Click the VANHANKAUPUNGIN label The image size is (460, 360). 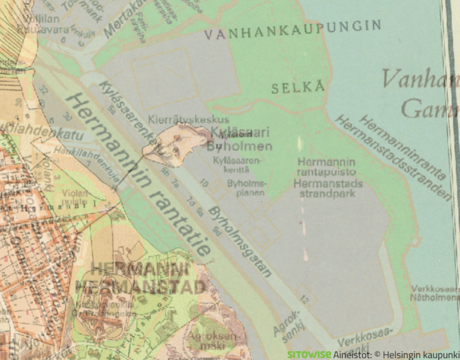pyautogui.click(x=293, y=29)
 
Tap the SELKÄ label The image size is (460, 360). pyautogui.click(x=299, y=88)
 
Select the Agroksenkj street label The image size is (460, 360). pyautogui.click(x=289, y=321)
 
